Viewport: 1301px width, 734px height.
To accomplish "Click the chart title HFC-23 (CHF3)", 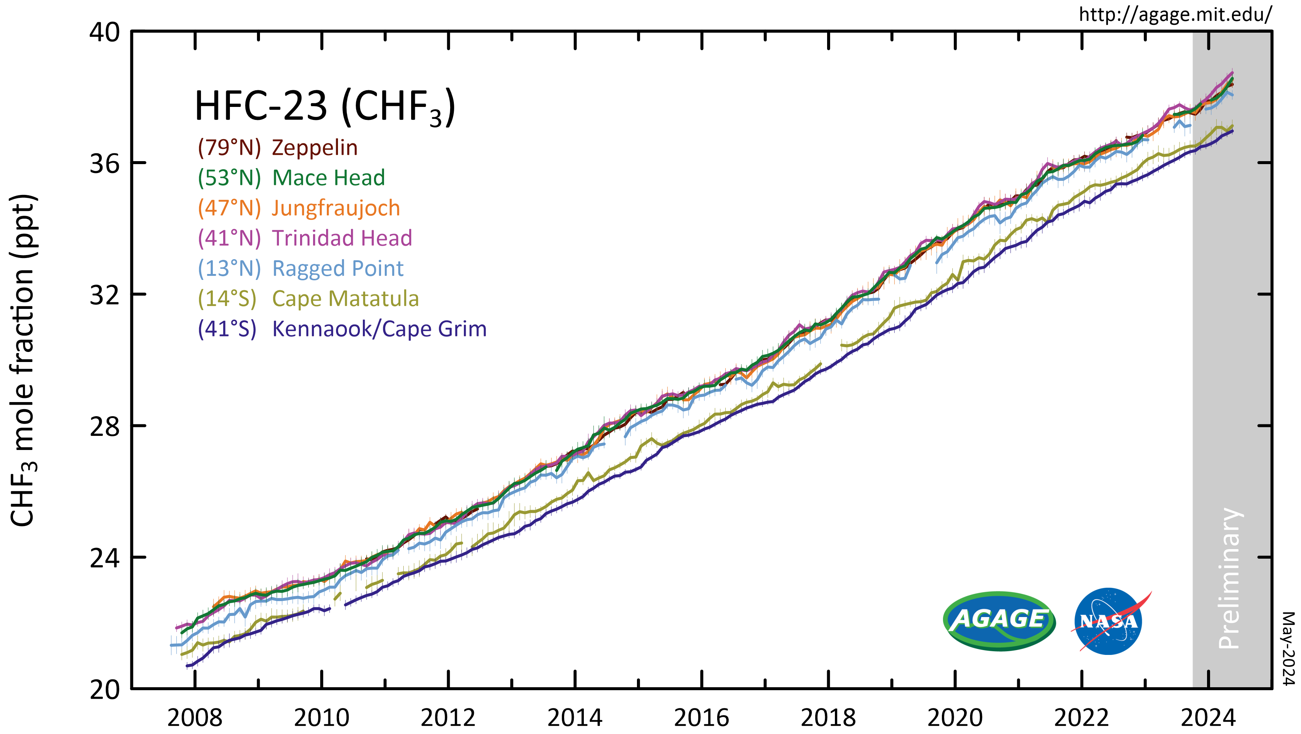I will pos(325,107).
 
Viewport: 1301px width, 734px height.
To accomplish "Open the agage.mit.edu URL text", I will pos(1175,14).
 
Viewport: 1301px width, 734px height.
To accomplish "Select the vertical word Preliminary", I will pos(1229,578).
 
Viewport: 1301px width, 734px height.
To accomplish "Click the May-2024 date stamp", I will pos(1288,649).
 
